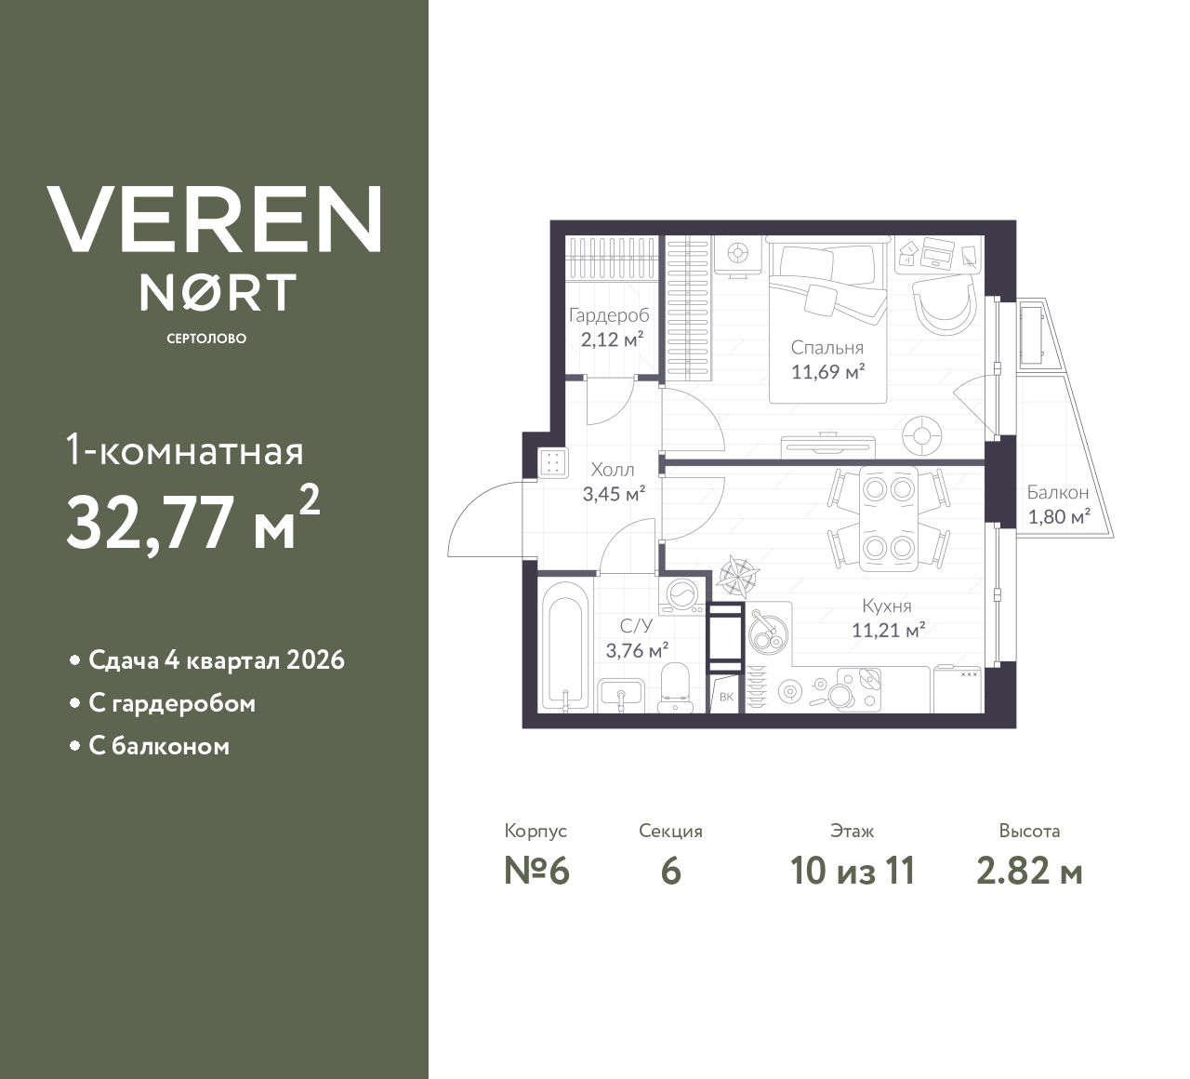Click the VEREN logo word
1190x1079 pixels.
tap(215, 220)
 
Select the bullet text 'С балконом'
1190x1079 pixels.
tap(159, 746)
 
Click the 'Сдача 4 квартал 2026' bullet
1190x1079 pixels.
tap(216, 660)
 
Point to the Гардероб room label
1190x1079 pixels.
tap(609, 315)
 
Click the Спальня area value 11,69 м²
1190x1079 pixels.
tap(827, 373)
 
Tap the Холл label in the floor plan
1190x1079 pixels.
tap(613, 471)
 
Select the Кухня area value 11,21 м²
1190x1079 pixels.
tap(888, 631)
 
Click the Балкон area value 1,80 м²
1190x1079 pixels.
tap(1058, 517)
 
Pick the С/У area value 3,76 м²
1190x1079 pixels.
tap(637, 650)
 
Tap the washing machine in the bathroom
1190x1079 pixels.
tap(683, 595)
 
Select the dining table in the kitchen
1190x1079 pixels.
tap(888, 517)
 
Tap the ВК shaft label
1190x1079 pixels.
tap(726, 696)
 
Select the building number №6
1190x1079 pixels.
tap(536, 872)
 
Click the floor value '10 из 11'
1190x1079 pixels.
tap(853, 872)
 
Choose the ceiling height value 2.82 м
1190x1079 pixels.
tap(1029, 872)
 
